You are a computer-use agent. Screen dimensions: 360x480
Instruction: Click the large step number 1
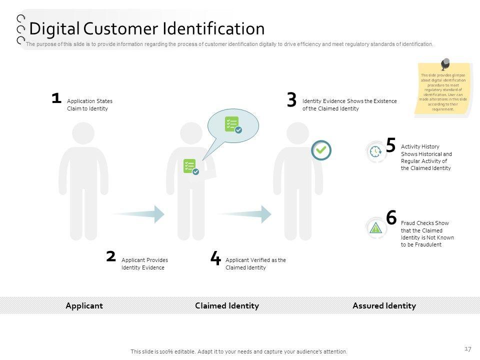(x=56, y=98)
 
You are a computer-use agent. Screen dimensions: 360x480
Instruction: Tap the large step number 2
(x=111, y=257)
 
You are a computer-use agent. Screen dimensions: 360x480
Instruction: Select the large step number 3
(x=291, y=100)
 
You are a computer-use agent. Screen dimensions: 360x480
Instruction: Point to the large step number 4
(x=215, y=259)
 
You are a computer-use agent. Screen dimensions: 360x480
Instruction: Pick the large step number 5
(x=391, y=145)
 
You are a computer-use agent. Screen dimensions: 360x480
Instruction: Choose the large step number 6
(x=391, y=218)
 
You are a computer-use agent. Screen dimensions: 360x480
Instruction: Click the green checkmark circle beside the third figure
(x=321, y=149)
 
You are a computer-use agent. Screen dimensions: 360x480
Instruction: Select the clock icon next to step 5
(x=375, y=151)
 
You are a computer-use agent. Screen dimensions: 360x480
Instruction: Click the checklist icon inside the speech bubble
(x=233, y=124)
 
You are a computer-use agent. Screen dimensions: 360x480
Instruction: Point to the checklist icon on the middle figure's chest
(x=190, y=166)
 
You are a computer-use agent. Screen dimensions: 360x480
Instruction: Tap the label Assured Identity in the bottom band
(x=384, y=305)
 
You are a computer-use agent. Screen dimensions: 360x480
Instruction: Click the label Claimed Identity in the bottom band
(x=227, y=305)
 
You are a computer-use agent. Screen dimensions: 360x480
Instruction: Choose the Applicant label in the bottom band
(x=84, y=305)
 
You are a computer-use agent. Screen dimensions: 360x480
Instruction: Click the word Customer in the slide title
(x=120, y=28)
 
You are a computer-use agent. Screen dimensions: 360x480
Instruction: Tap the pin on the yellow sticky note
(x=445, y=64)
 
